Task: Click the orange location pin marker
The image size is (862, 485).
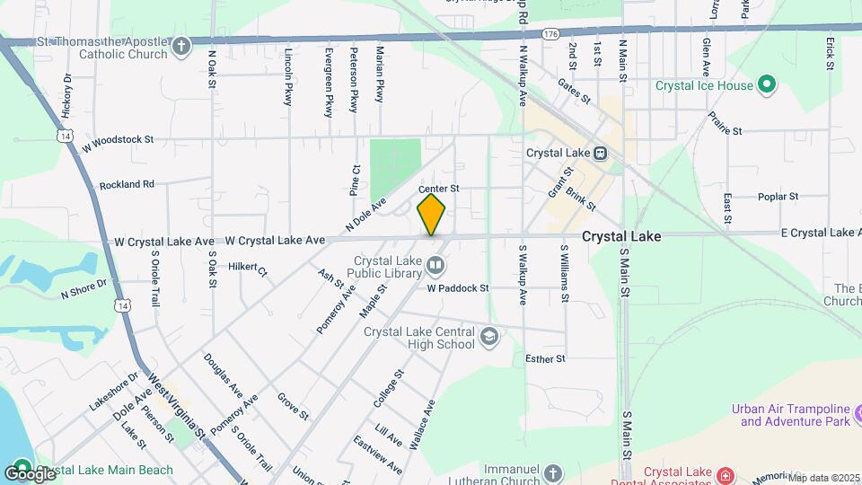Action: pos(432,214)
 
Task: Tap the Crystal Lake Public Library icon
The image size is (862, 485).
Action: pos(435,264)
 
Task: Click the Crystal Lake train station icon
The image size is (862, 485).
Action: pos(600,153)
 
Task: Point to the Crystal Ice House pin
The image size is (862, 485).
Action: pos(766,86)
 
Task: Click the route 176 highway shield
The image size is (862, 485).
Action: pos(550,33)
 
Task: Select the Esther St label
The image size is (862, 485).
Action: pos(545,358)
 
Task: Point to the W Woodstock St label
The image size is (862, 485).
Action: pos(119,141)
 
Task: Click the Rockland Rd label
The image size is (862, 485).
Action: pos(128,184)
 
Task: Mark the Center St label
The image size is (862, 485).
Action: pos(439,189)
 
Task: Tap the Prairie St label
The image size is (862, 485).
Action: pos(724,125)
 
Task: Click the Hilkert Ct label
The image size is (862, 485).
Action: pos(249,268)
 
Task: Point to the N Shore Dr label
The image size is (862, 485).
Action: pos(84,288)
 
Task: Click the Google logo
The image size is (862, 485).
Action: pos(30,472)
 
